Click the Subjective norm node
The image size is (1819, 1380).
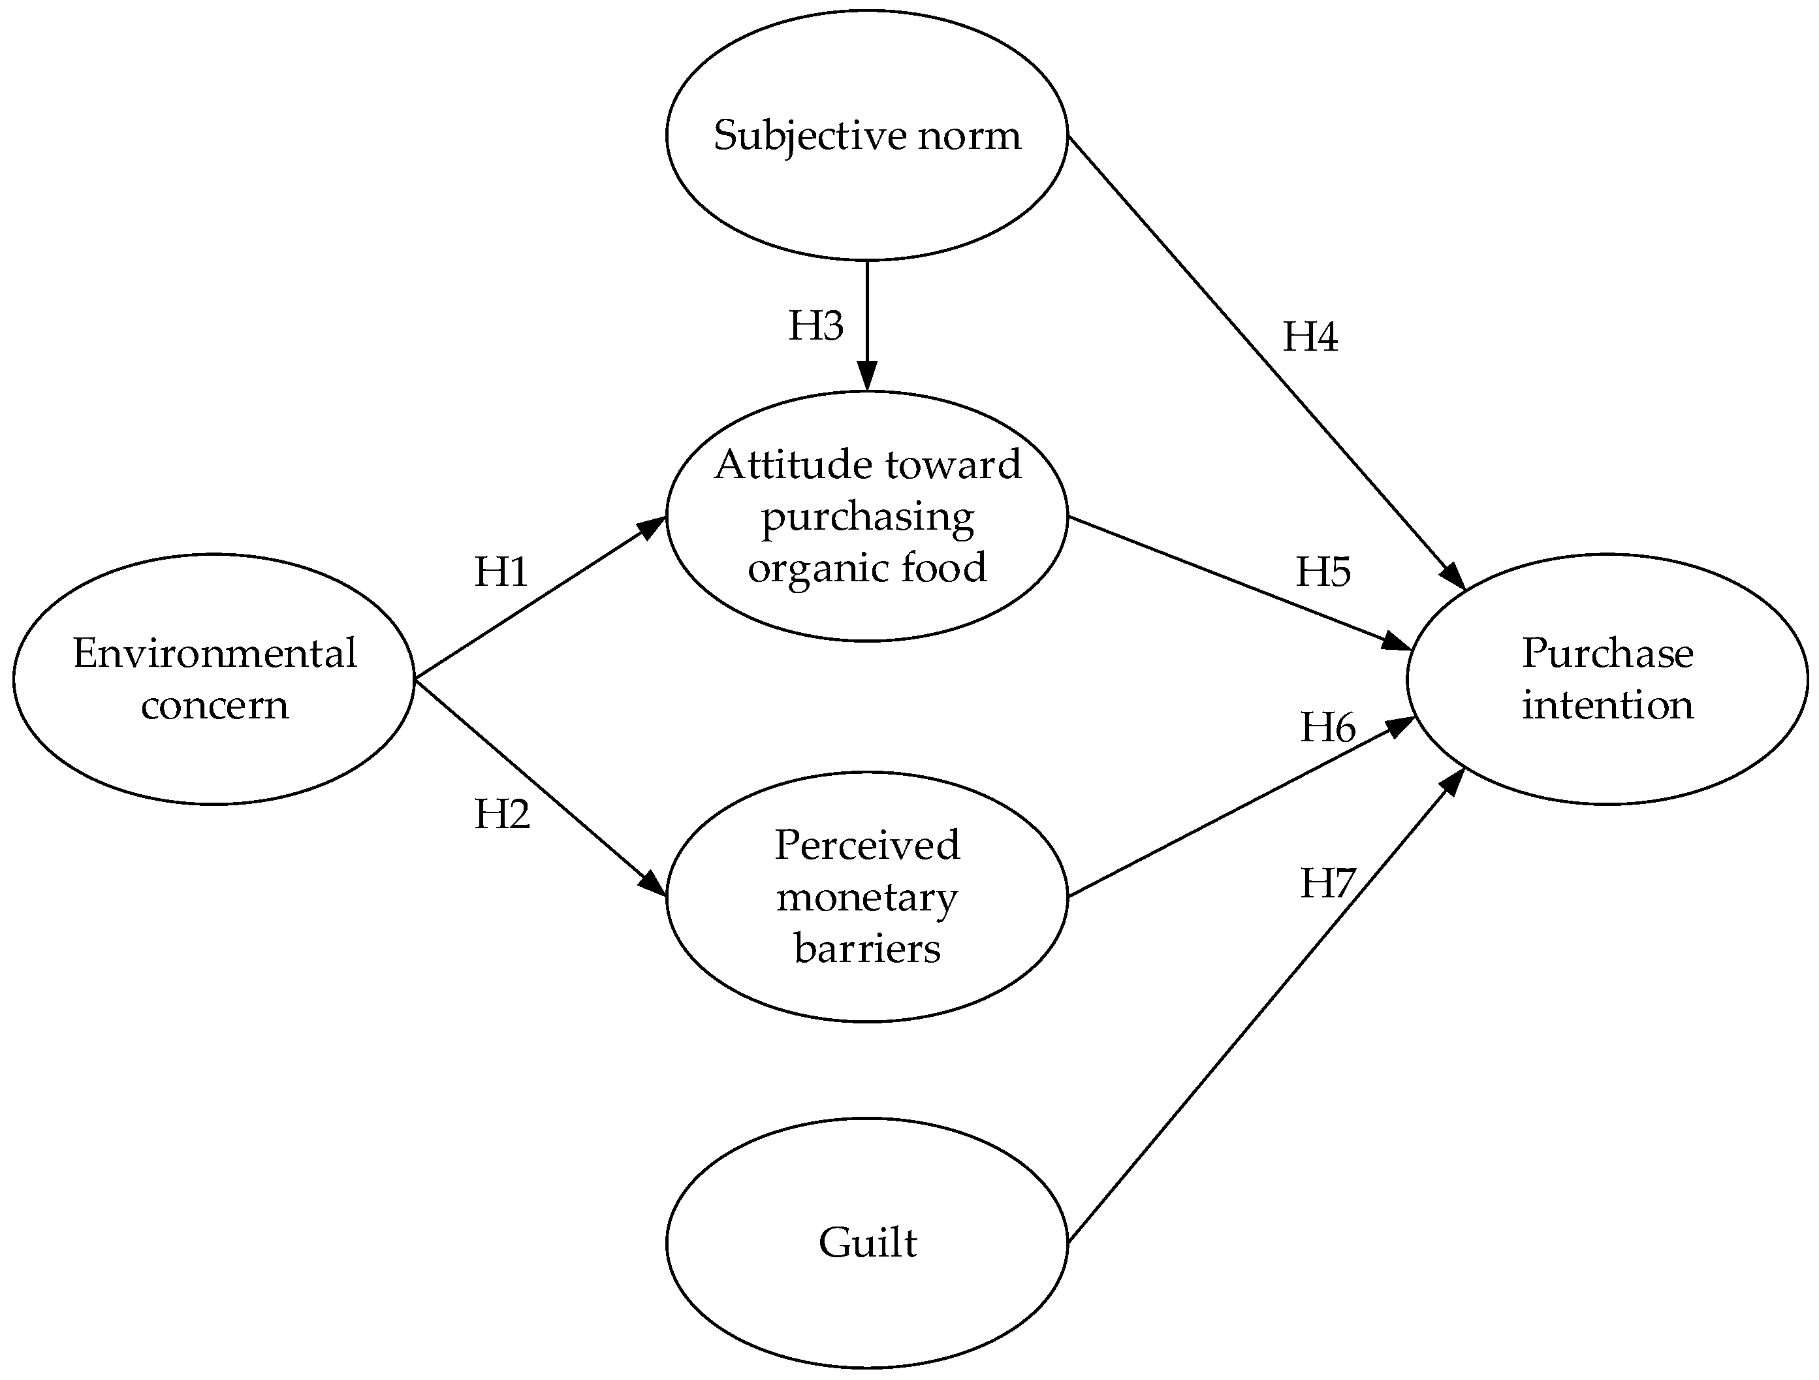pos(867,135)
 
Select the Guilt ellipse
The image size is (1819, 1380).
pos(867,1242)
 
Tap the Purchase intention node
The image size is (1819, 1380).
pos(1607,679)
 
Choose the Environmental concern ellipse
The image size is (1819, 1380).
pos(214,679)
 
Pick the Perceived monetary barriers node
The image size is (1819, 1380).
pos(867,897)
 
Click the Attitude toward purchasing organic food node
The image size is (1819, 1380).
pos(867,516)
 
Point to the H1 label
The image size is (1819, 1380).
pos(501,571)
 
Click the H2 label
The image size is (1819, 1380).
pos(501,814)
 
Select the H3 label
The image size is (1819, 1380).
pos(815,326)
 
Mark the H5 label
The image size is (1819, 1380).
pos(1323,571)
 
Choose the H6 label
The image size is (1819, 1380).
pos(1327,727)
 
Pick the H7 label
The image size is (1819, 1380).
pos(1327,883)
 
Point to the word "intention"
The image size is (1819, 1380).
pos(1607,705)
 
